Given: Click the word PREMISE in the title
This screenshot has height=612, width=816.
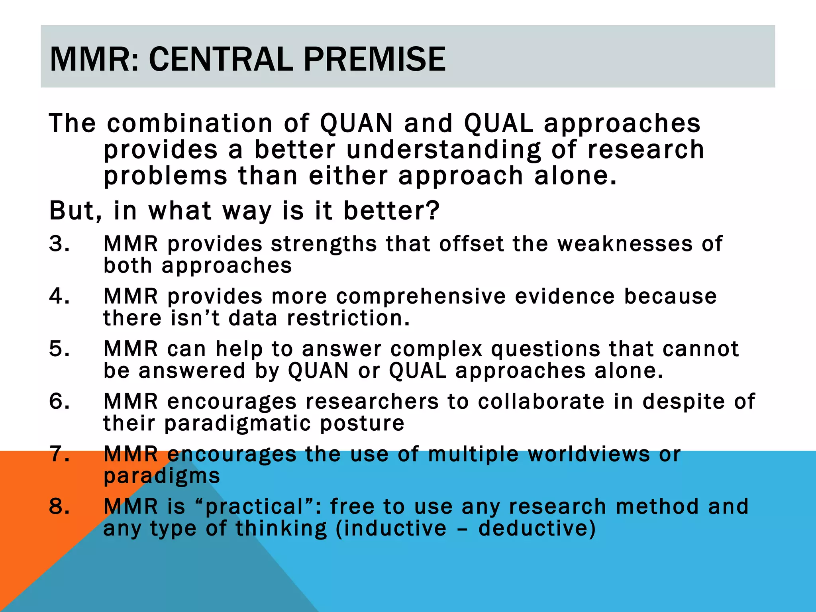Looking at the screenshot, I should pyautogui.click(x=374, y=59).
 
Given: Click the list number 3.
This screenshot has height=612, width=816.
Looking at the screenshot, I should pyautogui.click(x=59, y=243).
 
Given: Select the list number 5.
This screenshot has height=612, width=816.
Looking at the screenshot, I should pyautogui.click(x=59, y=349).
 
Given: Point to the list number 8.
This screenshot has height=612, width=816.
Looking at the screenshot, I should pyautogui.click(x=59, y=506).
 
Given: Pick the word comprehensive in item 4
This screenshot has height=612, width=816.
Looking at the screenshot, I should pyautogui.click(x=420, y=297).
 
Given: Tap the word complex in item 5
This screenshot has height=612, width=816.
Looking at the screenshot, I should pyautogui.click(x=436, y=349).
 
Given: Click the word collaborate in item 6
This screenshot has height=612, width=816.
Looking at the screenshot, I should pyautogui.click(x=541, y=401).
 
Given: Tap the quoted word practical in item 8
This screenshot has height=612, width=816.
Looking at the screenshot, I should pyautogui.click(x=254, y=507).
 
